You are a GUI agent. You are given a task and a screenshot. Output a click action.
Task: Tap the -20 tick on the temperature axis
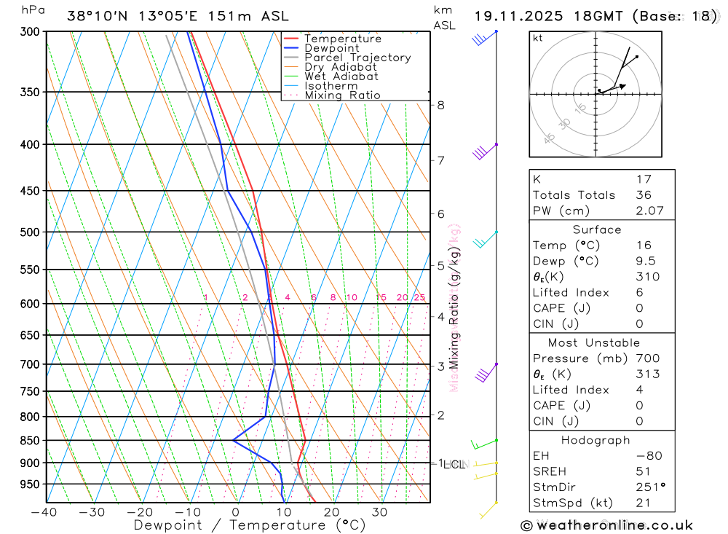(x=140, y=512)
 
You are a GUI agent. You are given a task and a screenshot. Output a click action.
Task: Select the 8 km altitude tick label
(x=440, y=105)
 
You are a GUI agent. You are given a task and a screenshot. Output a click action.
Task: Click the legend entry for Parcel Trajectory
(x=357, y=58)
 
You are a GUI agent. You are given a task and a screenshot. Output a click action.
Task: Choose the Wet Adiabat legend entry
(x=341, y=76)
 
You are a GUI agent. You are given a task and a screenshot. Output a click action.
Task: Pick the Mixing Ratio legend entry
(x=342, y=95)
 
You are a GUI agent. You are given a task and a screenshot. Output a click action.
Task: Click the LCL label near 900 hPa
(x=455, y=464)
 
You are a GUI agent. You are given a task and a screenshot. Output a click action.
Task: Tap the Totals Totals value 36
(x=643, y=195)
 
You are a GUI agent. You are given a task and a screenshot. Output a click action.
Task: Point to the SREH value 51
(x=643, y=471)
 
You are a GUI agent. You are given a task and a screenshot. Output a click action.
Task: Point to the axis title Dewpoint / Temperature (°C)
(x=250, y=525)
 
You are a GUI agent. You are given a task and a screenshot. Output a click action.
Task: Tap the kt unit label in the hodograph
(x=538, y=38)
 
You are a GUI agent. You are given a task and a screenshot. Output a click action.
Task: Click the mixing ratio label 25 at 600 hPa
(x=419, y=297)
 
